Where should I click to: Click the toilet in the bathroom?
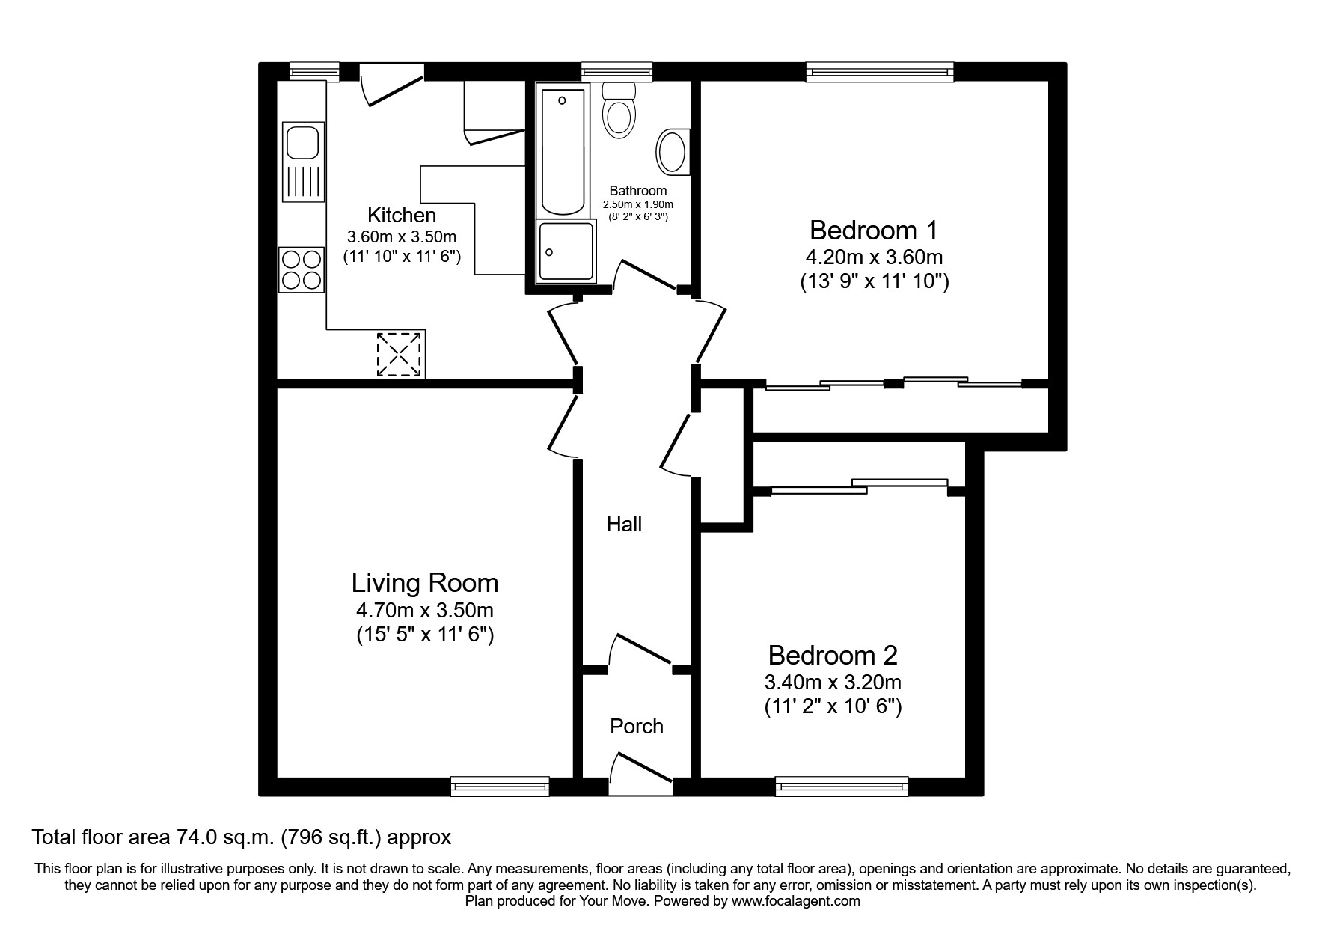pyautogui.click(x=619, y=112)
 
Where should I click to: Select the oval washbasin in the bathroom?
pyautogui.click(x=673, y=153)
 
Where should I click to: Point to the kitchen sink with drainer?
pyautogui.click(x=304, y=162)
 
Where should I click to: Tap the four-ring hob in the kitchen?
pyautogui.click(x=302, y=270)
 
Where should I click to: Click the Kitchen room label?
pyautogui.click(x=402, y=216)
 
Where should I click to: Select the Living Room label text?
pyautogui.click(x=425, y=583)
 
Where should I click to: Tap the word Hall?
pyautogui.click(x=624, y=525)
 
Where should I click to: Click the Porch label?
pyautogui.click(x=637, y=727)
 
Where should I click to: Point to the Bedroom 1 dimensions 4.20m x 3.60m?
pyautogui.click(x=873, y=257)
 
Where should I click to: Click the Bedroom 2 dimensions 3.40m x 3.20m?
pyautogui.click(x=832, y=683)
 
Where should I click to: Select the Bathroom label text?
pyautogui.click(x=637, y=191)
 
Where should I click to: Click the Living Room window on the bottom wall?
pyautogui.click(x=500, y=786)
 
